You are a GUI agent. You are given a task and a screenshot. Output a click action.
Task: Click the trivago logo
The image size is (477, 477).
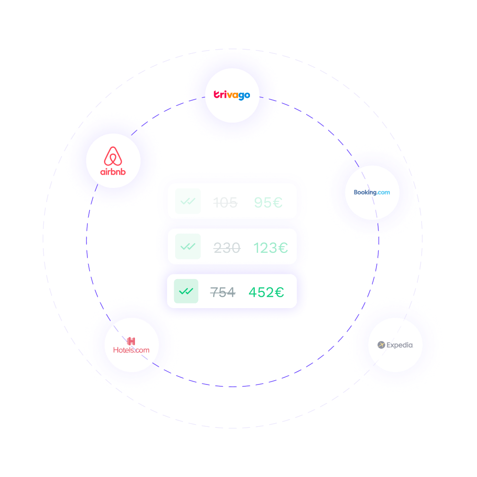231,95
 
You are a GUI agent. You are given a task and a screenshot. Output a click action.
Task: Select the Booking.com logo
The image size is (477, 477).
372,192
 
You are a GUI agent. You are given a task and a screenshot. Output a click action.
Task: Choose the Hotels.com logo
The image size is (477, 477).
131,346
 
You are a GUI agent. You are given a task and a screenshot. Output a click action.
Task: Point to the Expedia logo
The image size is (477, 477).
395,345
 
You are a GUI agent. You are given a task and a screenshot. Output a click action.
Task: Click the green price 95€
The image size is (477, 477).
268,203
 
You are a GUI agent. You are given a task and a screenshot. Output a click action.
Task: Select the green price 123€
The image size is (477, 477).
270,248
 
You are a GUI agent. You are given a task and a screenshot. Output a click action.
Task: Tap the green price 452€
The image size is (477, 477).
266,292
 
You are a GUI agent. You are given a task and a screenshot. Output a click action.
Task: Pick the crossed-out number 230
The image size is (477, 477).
227,248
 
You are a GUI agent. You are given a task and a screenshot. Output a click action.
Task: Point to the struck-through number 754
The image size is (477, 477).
223,292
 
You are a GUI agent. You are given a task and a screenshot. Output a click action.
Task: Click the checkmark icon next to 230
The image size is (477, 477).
187,247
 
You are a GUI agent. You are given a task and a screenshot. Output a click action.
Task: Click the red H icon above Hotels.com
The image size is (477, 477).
131,341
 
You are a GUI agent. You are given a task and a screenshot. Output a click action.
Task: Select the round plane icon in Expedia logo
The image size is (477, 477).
381,345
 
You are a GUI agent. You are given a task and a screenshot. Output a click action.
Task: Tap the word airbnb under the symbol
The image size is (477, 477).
113,171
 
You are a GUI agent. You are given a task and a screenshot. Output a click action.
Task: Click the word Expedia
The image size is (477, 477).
400,345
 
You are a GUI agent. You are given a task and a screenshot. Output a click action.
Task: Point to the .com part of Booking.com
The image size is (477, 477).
382,192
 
